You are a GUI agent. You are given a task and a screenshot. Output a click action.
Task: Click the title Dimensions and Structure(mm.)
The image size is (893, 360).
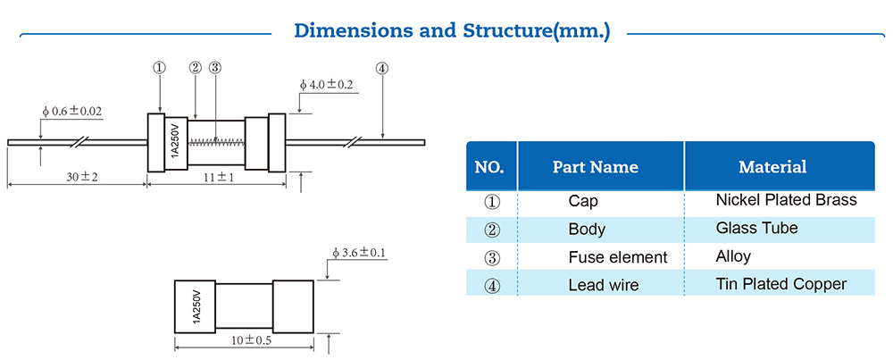pyautogui.click(x=452, y=30)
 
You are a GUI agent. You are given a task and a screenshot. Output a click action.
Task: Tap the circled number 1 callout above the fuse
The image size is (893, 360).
pyautogui.click(x=160, y=68)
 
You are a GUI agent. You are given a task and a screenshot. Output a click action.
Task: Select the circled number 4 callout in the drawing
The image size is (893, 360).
pyautogui.click(x=382, y=68)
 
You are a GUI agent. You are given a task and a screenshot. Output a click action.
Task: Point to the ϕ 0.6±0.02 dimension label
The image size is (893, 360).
pyautogui.click(x=72, y=112)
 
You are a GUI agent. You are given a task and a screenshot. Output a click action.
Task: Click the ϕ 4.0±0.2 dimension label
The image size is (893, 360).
pyautogui.click(x=327, y=85)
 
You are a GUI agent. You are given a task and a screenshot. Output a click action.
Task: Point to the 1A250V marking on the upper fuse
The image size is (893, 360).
pyautogui.click(x=176, y=143)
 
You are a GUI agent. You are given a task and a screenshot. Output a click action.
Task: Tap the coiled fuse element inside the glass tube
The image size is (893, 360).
pyautogui.click(x=219, y=139)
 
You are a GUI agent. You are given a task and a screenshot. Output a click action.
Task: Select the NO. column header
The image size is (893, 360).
pyautogui.click(x=489, y=167)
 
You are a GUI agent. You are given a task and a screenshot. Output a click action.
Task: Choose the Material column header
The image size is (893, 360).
pyautogui.click(x=772, y=167)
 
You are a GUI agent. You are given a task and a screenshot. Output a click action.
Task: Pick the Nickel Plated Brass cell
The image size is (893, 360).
pyautogui.click(x=786, y=200)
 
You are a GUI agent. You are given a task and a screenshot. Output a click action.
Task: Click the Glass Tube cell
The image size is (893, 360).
pyautogui.click(x=756, y=229)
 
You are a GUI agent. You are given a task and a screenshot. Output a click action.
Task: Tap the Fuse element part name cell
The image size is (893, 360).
pyautogui.click(x=617, y=257)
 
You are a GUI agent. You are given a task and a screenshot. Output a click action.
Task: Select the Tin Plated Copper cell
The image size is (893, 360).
pyautogui.click(x=780, y=285)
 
